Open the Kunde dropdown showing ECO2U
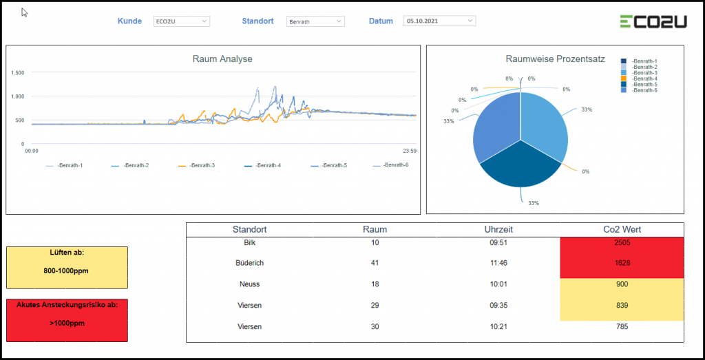pyautogui.click(x=182, y=21)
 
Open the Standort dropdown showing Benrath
pyautogui.click(x=315, y=21)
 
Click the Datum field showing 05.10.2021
pyautogui.click(x=439, y=21)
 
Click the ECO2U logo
pyautogui.click(x=653, y=21)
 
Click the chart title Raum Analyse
pyautogui.click(x=222, y=59)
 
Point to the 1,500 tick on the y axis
pyautogui.click(x=19, y=72)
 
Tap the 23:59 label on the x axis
pyautogui.click(x=410, y=150)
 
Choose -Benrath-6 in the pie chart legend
pyautogui.click(x=644, y=90)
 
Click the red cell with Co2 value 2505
pyautogui.click(x=622, y=243)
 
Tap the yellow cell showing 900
pyautogui.click(x=622, y=284)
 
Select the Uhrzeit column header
pyautogui.click(x=498, y=229)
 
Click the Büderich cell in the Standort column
pyautogui.click(x=249, y=263)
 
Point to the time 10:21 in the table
pyautogui.click(x=498, y=326)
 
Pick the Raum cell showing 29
pyautogui.click(x=375, y=305)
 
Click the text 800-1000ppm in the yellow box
pyautogui.click(x=66, y=271)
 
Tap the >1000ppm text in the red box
pyautogui.click(x=66, y=322)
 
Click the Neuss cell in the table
pyautogui.click(x=249, y=284)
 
